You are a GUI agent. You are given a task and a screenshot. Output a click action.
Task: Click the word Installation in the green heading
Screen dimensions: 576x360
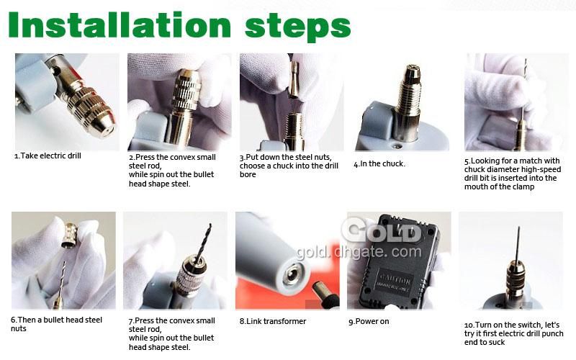coord(120,25)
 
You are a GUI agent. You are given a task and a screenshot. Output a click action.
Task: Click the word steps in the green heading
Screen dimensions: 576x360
coord(297,27)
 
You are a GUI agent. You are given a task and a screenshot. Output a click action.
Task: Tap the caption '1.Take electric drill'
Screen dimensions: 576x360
coord(48,156)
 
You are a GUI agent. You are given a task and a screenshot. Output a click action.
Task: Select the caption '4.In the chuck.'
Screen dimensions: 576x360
coord(379,164)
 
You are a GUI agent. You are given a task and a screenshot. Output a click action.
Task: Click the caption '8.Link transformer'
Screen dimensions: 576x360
coord(273,321)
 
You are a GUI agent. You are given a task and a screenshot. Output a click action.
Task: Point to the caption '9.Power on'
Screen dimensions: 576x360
coord(369,321)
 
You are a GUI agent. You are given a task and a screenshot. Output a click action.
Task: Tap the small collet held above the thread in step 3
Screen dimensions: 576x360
coord(294,80)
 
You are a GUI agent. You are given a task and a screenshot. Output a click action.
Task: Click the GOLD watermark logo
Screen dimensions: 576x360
coord(380,230)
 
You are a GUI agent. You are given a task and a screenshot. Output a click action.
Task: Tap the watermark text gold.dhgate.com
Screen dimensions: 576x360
coord(359,252)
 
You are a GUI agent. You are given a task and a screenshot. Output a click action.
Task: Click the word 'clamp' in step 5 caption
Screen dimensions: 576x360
coord(523,187)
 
